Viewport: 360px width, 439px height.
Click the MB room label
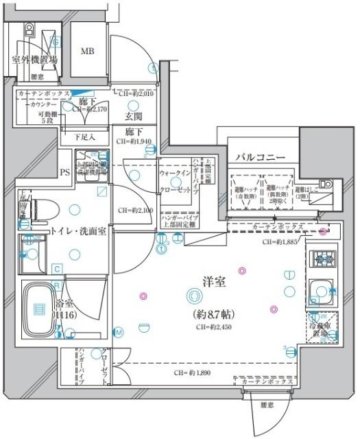point(88,51)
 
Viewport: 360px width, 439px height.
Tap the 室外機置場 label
point(34,60)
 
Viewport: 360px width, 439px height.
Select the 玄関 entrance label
point(134,116)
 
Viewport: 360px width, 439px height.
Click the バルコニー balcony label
point(261,158)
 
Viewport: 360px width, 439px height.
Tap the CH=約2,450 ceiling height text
point(214,327)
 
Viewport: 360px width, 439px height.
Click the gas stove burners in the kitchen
point(322,260)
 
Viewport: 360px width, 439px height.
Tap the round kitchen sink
point(320,289)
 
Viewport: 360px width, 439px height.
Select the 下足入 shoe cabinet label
point(85,137)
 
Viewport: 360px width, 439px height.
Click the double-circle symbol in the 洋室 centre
point(195,296)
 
